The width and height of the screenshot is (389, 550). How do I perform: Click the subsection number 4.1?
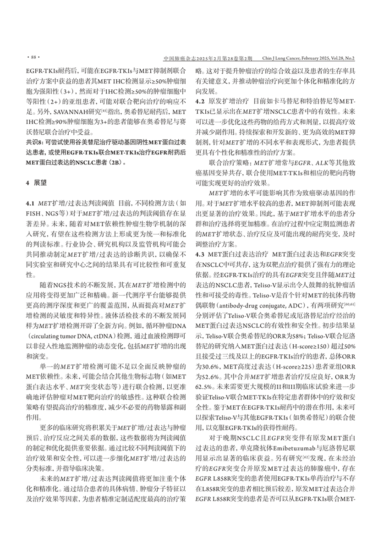(x=31, y=202)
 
